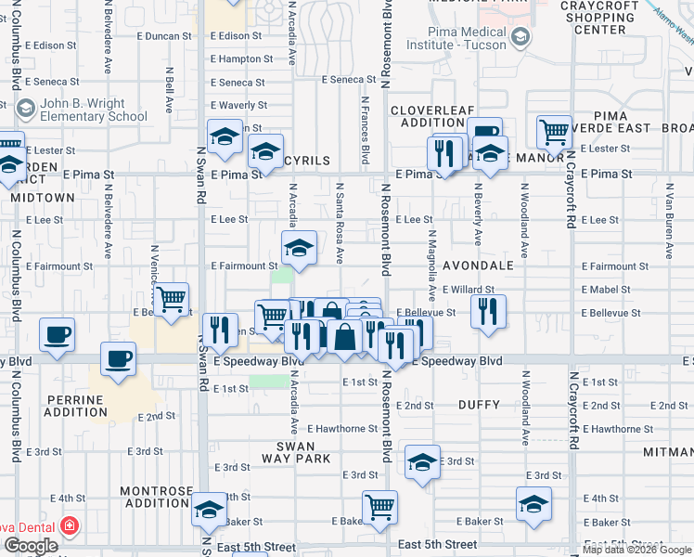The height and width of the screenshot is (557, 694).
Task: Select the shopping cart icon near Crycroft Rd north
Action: click(554, 132)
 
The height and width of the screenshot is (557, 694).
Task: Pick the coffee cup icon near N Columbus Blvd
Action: click(58, 335)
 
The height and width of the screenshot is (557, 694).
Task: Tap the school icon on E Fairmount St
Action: click(299, 248)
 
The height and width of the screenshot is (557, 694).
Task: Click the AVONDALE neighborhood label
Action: click(478, 266)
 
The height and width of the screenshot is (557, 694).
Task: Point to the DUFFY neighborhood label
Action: click(479, 406)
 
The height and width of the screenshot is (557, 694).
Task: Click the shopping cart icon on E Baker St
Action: click(379, 507)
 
